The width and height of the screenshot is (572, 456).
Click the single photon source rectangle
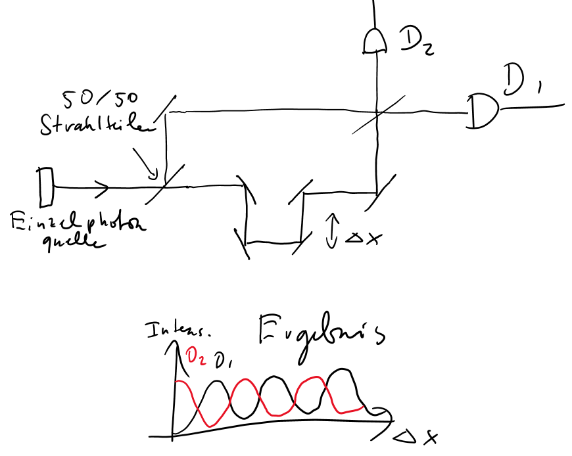tap(45, 186)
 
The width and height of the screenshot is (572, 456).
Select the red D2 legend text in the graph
tap(195, 357)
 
